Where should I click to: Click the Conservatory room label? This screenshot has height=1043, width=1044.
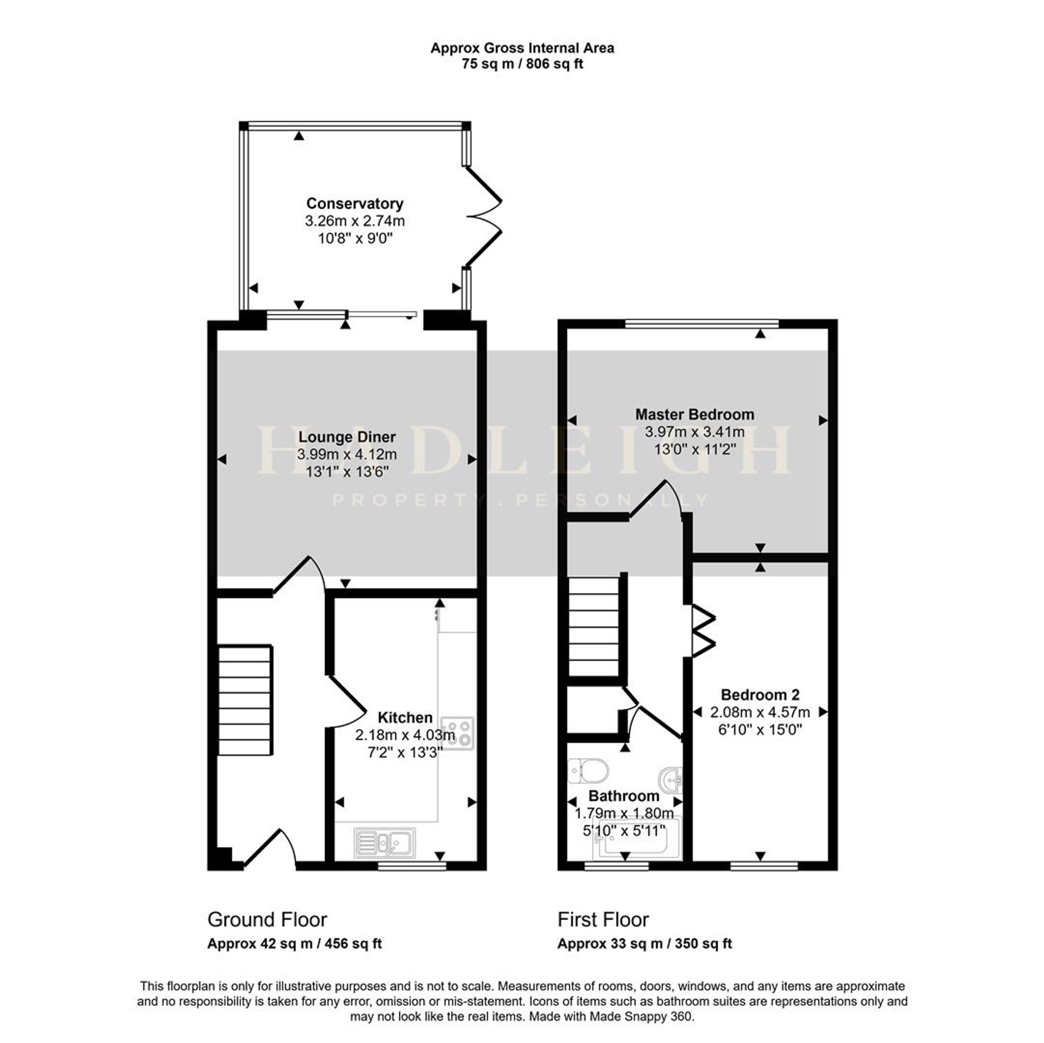[x=354, y=204]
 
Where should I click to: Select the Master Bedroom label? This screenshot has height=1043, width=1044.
[x=694, y=414]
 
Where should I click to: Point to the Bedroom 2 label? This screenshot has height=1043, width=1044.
[x=760, y=694]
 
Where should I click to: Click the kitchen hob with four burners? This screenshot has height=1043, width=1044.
[x=458, y=733]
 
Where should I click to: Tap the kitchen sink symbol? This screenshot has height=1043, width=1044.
[x=385, y=843]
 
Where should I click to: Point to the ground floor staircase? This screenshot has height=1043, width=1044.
[x=245, y=700]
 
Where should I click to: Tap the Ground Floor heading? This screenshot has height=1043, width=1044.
[x=267, y=919]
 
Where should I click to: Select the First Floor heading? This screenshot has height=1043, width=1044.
[x=603, y=919]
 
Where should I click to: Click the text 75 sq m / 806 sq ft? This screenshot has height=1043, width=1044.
[x=522, y=64]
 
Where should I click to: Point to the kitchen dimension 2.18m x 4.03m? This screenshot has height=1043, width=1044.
[x=405, y=735]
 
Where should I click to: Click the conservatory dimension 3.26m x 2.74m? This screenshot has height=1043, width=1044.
[x=354, y=221]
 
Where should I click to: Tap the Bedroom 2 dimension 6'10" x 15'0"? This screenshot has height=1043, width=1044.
[x=760, y=730]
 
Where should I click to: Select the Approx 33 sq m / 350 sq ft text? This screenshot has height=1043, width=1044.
[x=645, y=944]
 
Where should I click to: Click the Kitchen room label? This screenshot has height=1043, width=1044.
[x=405, y=717]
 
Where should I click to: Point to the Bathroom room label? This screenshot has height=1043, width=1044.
[x=624, y=796]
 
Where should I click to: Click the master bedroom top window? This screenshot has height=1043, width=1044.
[x=702, y=324]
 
